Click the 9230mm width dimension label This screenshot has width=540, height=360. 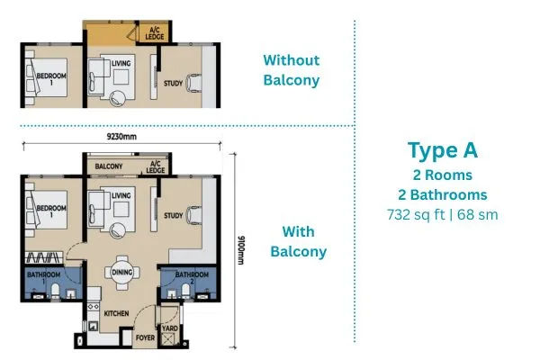coord(121,137)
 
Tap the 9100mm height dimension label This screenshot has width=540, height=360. coord(241,250)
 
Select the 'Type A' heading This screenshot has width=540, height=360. coord(443,150)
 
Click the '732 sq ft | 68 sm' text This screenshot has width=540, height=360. coord(443,214)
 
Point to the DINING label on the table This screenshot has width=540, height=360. coord(122,272)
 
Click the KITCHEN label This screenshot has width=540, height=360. coord(116,313)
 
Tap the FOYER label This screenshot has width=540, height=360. coord(145,337)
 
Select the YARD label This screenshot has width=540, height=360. coord(170,328)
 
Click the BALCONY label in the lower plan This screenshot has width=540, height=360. coord(109,166)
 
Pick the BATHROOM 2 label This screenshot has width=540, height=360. coord(192,278)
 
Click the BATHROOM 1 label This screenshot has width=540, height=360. coord(44,278)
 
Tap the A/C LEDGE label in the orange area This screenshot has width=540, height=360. coord(154,33)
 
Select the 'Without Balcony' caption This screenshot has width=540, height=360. coord(292,70)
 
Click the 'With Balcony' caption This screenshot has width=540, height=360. coord(298,241)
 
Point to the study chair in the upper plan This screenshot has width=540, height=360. coord(193,83)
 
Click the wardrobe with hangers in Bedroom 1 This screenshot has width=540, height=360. coord(44,257)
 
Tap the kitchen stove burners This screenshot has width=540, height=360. coord(93,306)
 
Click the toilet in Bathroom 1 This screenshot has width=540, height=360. coord(55,291)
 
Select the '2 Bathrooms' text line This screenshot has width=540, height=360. coord(443,195)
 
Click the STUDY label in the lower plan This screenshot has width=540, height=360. coord(173,216)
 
